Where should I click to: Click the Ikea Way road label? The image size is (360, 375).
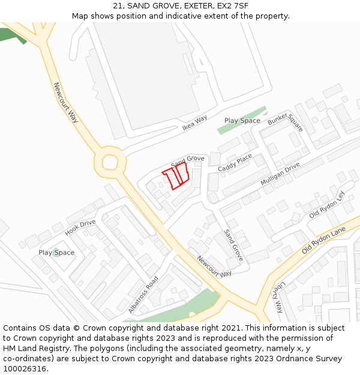pyautogui.click(x=194, y=122)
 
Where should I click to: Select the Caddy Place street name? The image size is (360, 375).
pyautogui.click(x=235, y=163)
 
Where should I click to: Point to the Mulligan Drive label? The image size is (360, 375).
pyautogui.click(x=280, y=173)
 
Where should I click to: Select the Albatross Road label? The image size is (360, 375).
pyautogui.click(x=143, y=294)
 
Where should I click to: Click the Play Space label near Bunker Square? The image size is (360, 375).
pyautogui.click(x=242, y=121)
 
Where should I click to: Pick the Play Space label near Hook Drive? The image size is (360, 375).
pyautogui.click(x=56, y=253)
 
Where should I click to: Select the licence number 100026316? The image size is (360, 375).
pyautogui.click(x=25, y=368)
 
